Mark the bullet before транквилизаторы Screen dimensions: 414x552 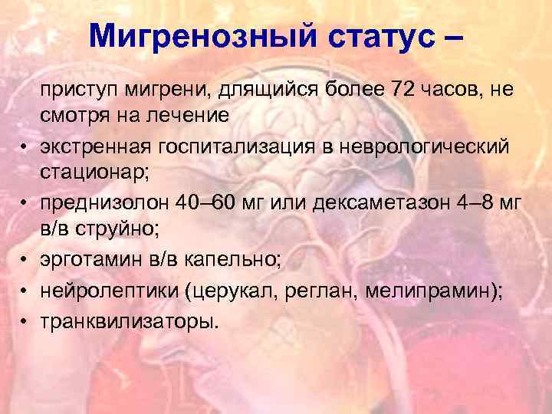click(x=26, y=320)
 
